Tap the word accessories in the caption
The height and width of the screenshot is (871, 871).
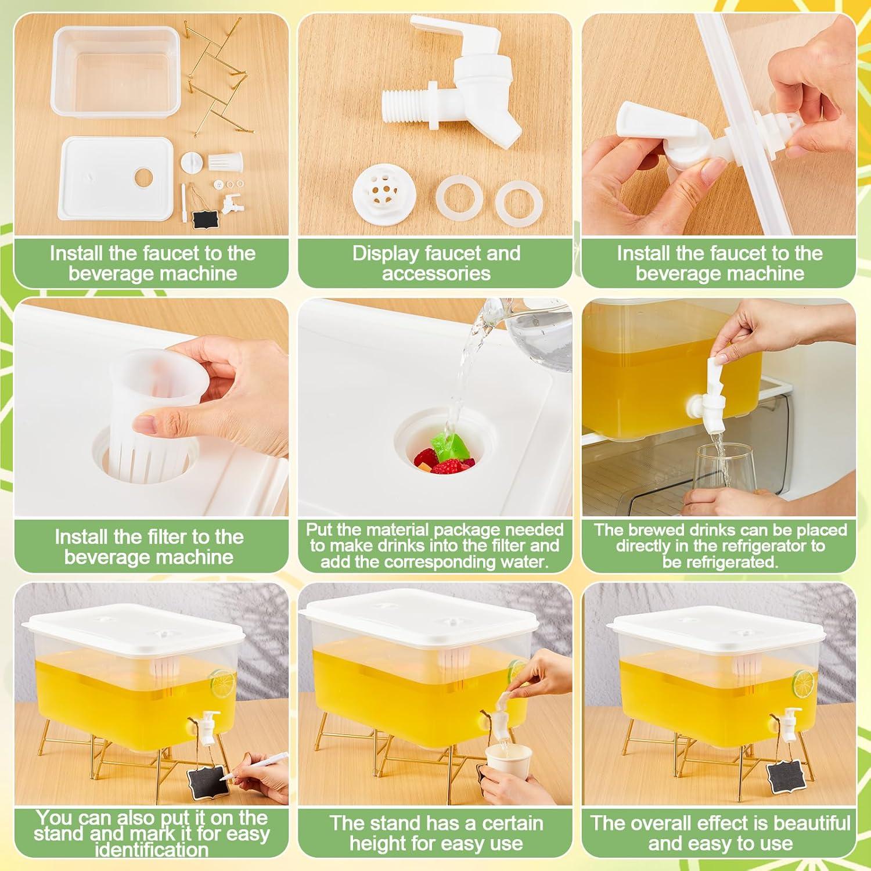(436, 273)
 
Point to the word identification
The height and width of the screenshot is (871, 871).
(152, 851)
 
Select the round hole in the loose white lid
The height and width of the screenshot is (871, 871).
(143, 177)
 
